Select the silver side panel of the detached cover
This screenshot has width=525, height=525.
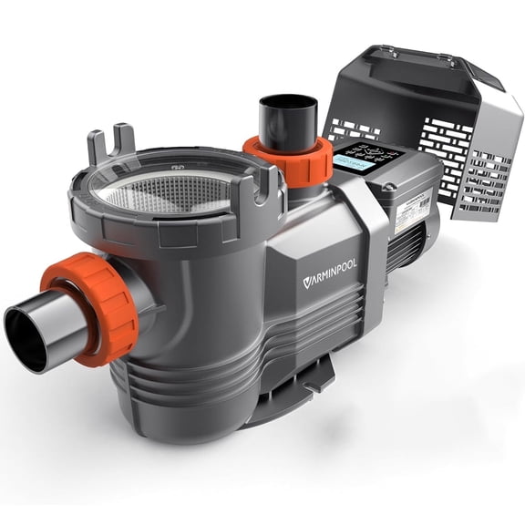pyautogui.click(x=497, y=155)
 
